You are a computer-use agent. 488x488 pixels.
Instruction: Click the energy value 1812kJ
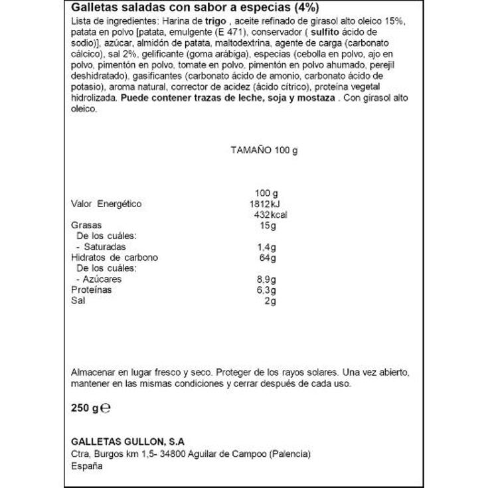264,204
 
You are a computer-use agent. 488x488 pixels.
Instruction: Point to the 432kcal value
271,214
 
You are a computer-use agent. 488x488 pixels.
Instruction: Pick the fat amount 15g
269,225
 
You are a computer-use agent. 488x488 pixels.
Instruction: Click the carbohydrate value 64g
268,258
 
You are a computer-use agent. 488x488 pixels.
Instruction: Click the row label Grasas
85,225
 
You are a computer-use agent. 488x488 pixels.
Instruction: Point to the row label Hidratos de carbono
114,258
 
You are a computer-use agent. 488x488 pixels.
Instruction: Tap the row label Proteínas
91,290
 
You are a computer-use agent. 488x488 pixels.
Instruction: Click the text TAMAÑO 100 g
264,149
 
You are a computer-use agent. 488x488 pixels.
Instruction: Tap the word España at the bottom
86,466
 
